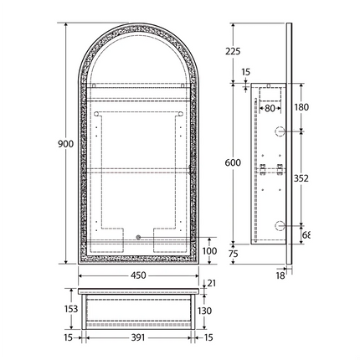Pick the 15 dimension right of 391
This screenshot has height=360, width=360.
(x=208, y=337)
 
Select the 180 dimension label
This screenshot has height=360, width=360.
(x=302, y=107)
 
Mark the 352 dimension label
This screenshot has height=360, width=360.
(x=302, y=177)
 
